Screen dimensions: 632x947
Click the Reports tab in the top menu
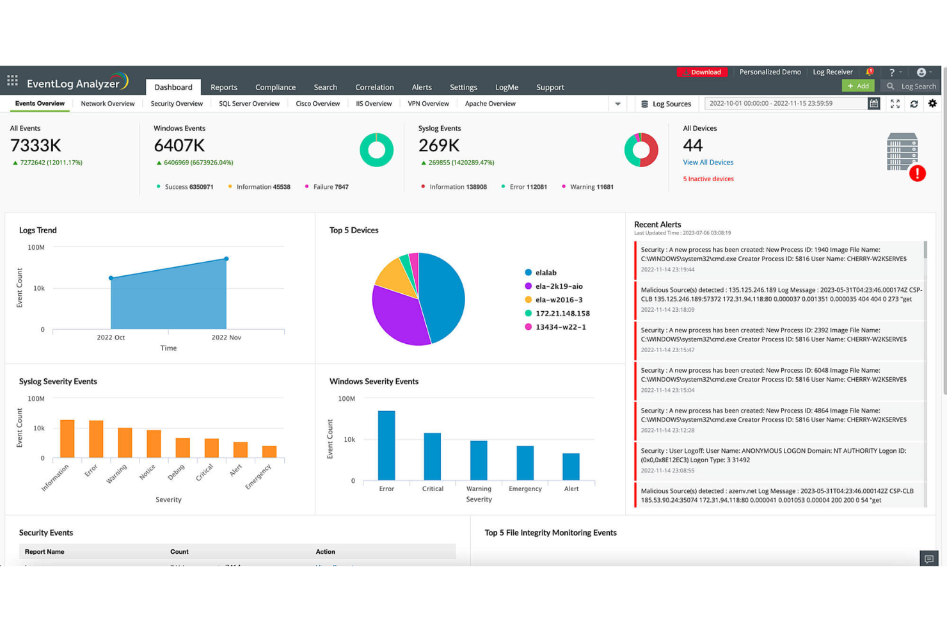coord(223,87)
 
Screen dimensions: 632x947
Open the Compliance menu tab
coord(275,87)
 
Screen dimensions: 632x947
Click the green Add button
coord(857,86)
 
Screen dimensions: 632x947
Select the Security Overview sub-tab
coord(177,104)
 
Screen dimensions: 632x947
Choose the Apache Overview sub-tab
coord(490,104)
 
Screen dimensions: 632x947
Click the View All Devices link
coord(708,163)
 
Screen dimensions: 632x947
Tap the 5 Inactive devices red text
coord(708,179)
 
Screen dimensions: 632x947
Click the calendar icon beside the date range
coord(873,104)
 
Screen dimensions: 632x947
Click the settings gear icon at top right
coord(932,104)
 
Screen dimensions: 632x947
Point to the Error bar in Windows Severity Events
coord(386,446)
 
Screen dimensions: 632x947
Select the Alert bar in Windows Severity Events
coord(571,467)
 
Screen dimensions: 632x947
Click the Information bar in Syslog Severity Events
coord(67,439)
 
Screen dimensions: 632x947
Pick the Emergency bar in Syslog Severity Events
coord(269,451)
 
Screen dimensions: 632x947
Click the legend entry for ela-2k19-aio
coord(558,286)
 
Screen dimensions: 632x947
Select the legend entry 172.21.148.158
coord(562,314)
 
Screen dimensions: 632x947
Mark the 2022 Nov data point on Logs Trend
coord(227,259)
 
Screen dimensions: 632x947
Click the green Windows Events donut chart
coord(376,150)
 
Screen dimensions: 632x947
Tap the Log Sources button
coord(666,104)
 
